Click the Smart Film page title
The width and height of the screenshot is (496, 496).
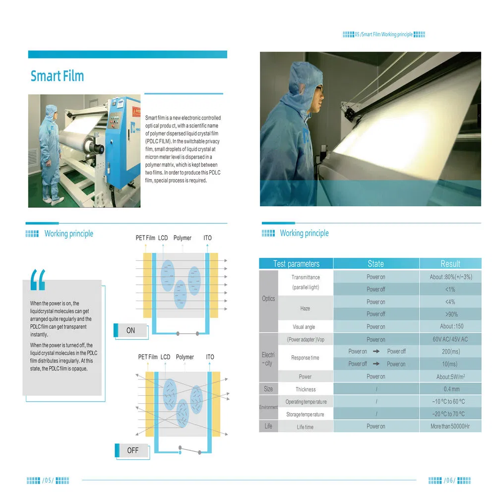click(57, 76)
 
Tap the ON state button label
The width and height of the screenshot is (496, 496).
click(130, 330)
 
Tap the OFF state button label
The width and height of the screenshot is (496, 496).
click(132, 450)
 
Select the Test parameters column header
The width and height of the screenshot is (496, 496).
click(296, 263)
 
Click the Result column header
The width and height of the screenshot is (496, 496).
click(450, 263)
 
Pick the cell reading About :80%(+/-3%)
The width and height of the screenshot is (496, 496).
click(450, 277)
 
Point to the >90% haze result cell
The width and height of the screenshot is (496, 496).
click(450, 314)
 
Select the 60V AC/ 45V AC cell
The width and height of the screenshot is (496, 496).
click(450, 339)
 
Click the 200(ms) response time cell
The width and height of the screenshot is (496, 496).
click(450, 351)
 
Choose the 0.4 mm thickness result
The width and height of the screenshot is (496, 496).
click(450, 389)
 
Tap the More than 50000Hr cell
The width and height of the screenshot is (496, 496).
click(450, 426)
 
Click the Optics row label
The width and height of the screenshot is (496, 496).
click(268, 299)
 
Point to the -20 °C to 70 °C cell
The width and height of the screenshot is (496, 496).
click(450, 414)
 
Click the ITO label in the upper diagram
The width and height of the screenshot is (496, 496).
click(207, 238)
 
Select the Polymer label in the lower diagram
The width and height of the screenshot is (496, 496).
click(185, 357)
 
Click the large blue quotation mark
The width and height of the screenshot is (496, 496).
click(38, 280)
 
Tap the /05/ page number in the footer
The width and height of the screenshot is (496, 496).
click(48, 480)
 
